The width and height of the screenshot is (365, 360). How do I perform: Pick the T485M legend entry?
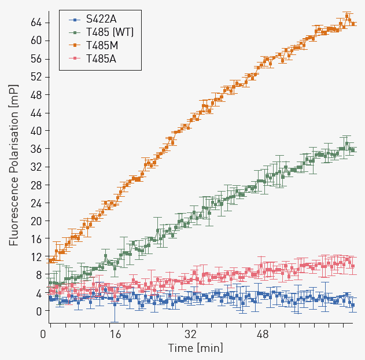102,45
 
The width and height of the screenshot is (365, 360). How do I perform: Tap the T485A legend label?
101,58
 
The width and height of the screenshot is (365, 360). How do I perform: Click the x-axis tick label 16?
116,335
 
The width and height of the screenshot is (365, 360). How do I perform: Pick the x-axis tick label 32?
190,335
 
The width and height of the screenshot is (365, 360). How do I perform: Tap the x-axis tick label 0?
43,335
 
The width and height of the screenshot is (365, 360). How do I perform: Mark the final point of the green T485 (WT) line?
353,150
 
